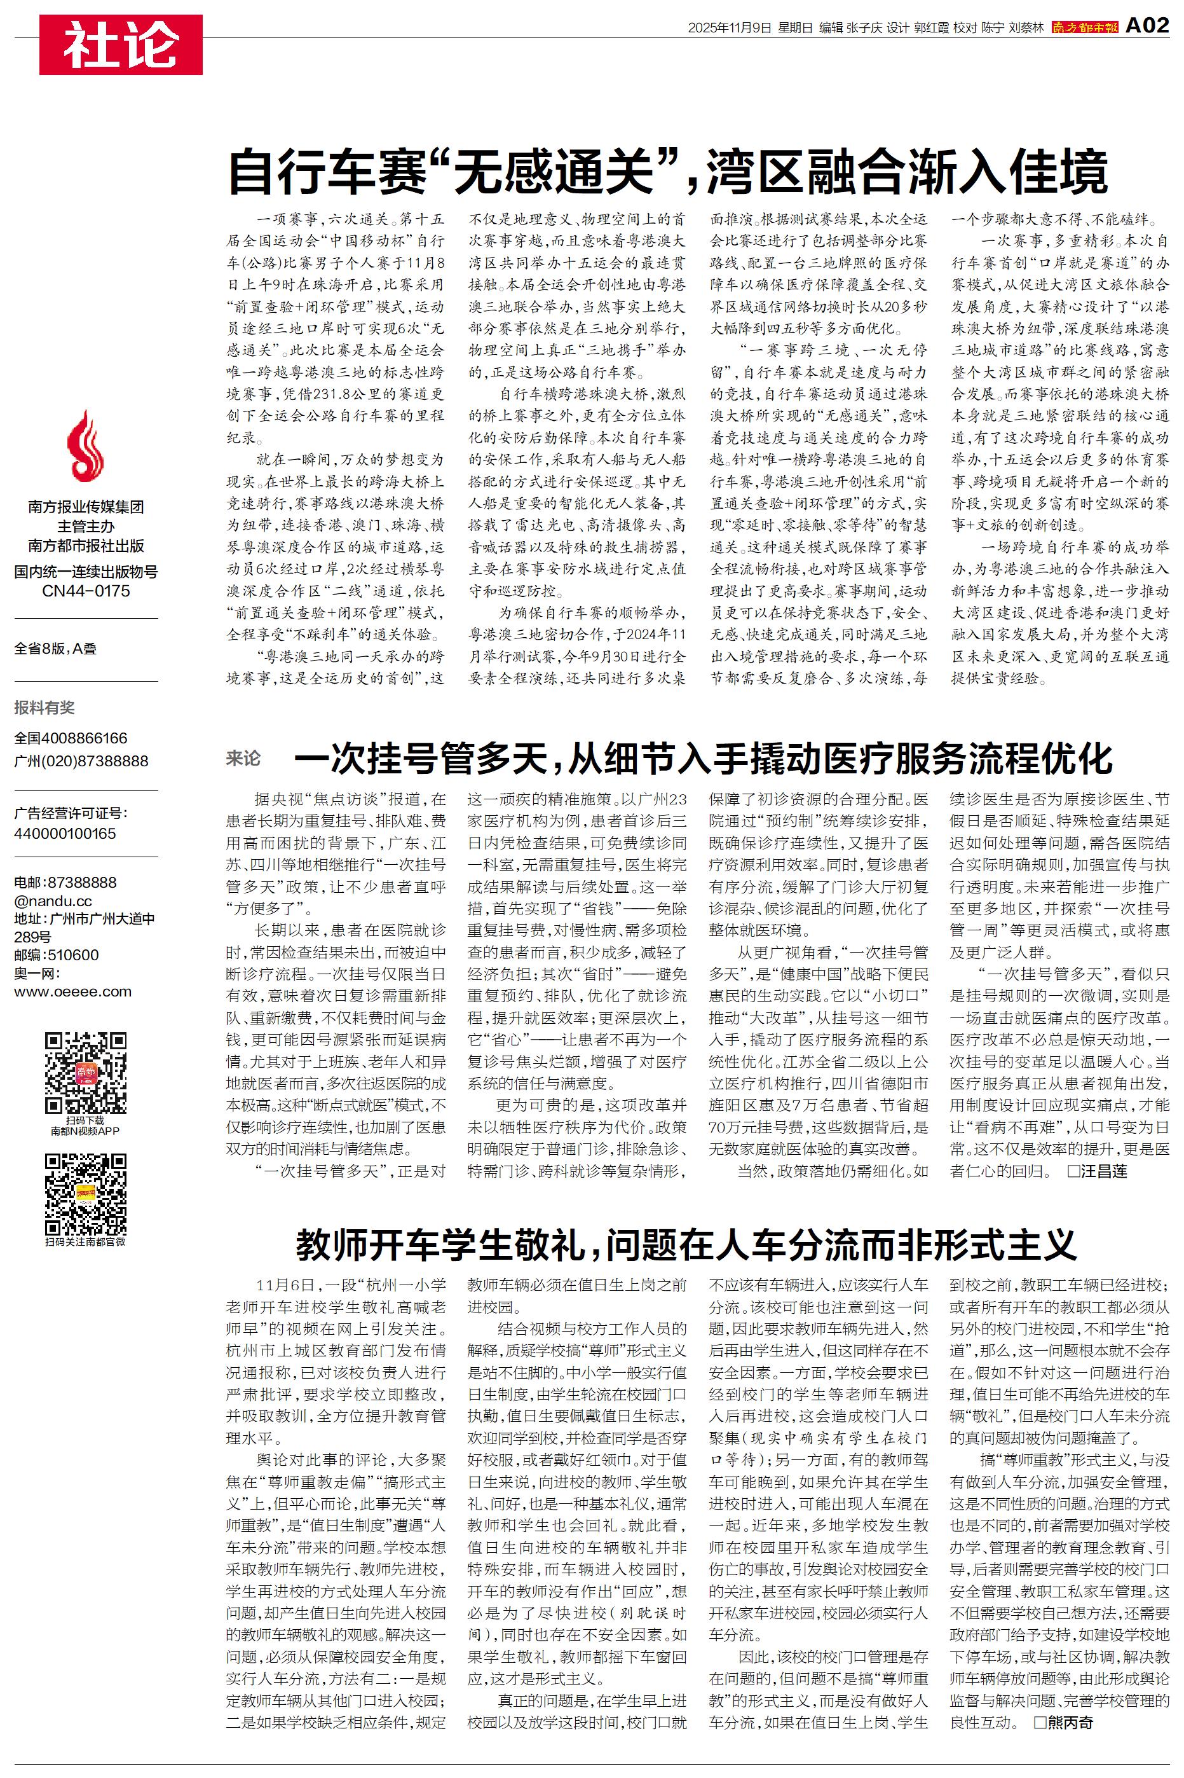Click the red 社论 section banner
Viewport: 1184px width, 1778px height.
121,45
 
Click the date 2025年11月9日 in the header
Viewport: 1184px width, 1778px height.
730,28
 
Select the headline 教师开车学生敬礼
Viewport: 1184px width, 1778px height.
686,1244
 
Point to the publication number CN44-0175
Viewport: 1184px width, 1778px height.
86,591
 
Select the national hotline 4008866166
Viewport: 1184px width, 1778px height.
85,738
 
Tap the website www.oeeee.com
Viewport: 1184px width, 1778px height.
72,992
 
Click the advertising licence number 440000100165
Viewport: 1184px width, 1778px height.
65,834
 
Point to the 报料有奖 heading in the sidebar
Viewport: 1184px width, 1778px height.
44,708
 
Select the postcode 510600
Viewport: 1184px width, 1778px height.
72,954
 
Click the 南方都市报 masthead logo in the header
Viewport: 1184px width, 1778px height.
1085,28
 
